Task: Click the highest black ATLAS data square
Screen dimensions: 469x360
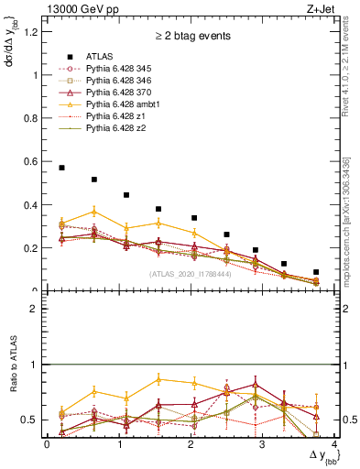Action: click(61, 168)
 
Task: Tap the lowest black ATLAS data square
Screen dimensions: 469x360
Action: click(316, 272)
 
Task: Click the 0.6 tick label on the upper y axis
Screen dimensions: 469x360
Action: click(35, 161)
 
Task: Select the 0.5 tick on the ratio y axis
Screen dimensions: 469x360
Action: click(35, 420)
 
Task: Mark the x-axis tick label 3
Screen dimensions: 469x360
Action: click(262, 444)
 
